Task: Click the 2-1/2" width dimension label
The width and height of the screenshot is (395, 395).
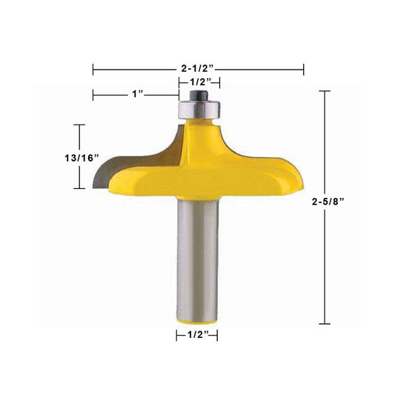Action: [197, 68]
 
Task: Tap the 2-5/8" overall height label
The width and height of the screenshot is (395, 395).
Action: [328, 202]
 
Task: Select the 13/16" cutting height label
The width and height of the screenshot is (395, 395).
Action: [82, 158]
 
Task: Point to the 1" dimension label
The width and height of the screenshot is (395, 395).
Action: [138, 94]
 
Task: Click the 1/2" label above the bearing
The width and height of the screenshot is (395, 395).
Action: [201, 82]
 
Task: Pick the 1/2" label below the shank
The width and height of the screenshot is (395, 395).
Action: [199, 335]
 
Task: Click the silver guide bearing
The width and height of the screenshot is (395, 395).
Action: [199, 110]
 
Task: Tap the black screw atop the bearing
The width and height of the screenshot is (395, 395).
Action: [199, 95]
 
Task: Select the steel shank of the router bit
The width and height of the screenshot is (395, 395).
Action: [197, 259]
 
